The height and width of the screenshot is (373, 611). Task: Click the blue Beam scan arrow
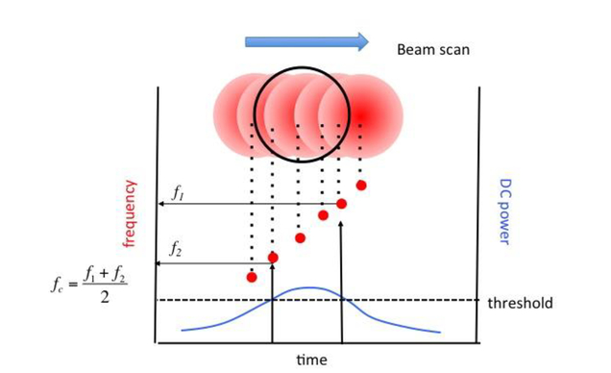pos(306,40)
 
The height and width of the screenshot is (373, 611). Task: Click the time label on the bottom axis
pos(309,361)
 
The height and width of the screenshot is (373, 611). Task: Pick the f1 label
pos(178,193)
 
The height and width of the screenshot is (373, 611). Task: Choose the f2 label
pos(178,250)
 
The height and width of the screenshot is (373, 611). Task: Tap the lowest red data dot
pos(252,278)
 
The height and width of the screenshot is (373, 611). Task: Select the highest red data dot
pos(361,185)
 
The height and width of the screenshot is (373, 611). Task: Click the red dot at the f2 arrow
pos(273,257)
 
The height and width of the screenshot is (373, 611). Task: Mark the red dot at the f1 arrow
pos(341,203)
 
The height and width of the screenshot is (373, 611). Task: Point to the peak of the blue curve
pos(307,287)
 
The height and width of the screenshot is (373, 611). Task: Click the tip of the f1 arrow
pos(160,204)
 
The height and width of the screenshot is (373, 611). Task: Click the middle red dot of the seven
pos(300,237)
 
